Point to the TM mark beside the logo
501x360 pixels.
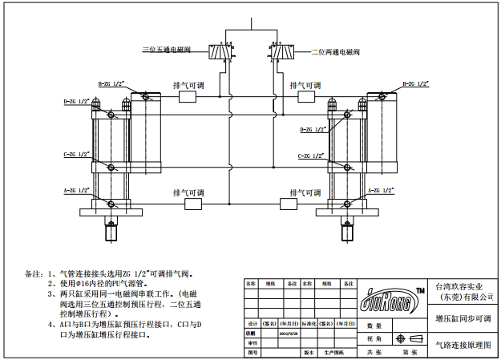[420, 289]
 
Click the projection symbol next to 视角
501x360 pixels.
[414, 338]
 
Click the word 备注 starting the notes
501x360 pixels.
[33, 273]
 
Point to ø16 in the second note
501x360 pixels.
[87, 283]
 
